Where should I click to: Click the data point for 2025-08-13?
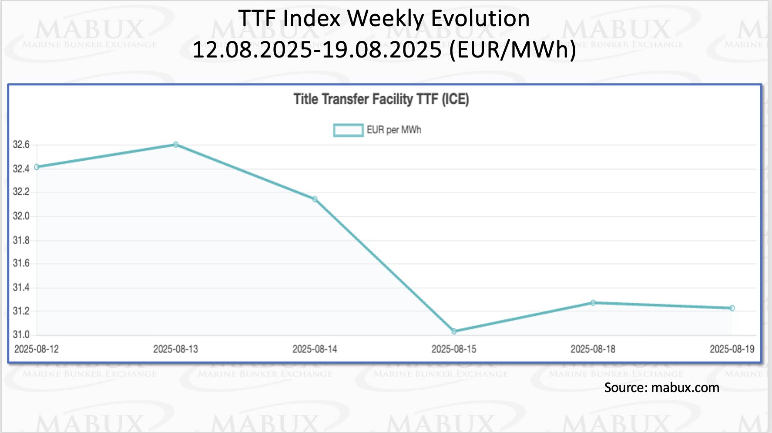(176, 145)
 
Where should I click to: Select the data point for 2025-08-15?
(454, 332)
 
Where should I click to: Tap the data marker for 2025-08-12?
(37, 167)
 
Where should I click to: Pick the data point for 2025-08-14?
(315, 199)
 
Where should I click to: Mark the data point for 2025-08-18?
(593, 303)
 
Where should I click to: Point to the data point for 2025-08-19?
(732, 308)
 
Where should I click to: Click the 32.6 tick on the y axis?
(21, 145)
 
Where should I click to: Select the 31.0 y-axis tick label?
(21, 335)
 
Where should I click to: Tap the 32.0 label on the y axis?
(21, 216)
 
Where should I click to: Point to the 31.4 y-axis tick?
(21, 288)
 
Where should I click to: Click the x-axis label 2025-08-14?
(315, 349)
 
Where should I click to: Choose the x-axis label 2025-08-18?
(593, 349)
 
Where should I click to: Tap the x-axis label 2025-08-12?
(37, 349)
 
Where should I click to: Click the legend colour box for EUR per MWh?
(348, 130)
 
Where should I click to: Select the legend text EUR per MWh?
(394, 130)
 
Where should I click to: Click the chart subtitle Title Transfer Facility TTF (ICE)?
(381, 99)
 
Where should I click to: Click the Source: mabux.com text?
(661, 388)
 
